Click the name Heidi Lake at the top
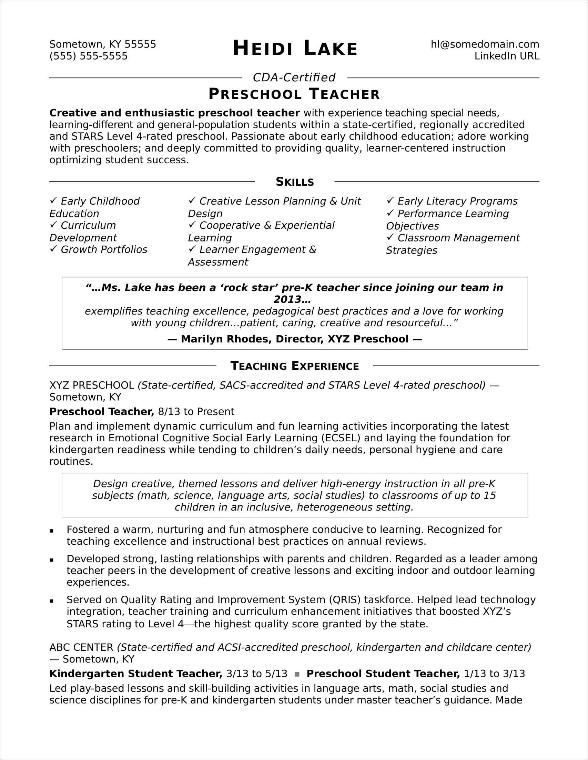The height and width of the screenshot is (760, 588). pos(295,48)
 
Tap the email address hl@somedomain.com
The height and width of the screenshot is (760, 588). pos(485,44)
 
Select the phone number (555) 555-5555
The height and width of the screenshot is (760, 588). pos(89,56)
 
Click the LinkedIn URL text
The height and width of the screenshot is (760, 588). pos(507,56)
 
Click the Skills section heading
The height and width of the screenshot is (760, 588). pos(295,182)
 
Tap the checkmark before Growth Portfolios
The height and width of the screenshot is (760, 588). pos(53,249)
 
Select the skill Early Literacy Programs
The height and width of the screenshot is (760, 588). pos(457,201)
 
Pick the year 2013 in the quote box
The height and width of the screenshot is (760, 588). pos(287,299)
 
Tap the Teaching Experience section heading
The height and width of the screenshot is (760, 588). pos(295,366)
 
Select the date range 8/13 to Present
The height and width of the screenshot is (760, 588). pos(196,412)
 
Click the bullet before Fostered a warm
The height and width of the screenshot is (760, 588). pos(51,531)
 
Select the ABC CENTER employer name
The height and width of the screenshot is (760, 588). pos(81,647)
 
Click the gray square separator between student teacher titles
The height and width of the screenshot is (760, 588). pos(297,674)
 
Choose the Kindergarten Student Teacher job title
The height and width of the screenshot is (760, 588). pos(136,674)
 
